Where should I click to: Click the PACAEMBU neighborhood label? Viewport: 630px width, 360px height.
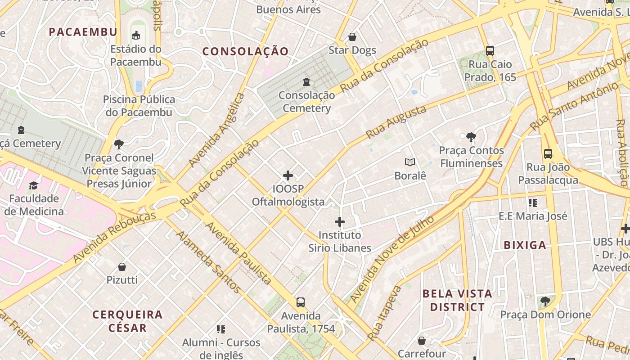click(83, 32)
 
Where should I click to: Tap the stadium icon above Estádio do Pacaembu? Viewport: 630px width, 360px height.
click(135, 35)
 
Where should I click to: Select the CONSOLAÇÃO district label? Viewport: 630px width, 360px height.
click(245, 51)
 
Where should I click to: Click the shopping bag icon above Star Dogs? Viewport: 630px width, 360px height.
click(352, 36)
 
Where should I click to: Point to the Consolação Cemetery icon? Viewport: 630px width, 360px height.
click(306, 81)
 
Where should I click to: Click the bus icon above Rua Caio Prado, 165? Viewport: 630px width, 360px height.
click(490, 51)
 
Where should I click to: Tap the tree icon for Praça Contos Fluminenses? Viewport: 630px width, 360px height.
click(471, 137)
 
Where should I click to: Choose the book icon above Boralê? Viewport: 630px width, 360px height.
click(409, 162)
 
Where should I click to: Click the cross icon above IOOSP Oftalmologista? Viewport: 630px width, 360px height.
click(288, 175)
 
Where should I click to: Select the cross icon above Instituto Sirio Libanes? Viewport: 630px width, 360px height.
click(340, 221)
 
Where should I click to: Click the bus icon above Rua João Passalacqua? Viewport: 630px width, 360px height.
click(548, 154)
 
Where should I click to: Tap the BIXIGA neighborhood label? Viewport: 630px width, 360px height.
click(525, 245)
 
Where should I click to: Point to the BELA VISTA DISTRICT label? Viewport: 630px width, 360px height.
click(457, 300)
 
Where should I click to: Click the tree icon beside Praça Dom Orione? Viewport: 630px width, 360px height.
click(545, 301)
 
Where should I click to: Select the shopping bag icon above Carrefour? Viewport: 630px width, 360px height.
click(422, 341)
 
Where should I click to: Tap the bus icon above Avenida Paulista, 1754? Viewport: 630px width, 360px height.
click(301, 302)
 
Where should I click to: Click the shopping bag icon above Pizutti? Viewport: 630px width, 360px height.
click(121, 266)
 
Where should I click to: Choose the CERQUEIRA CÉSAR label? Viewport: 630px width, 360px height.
click(127, 320)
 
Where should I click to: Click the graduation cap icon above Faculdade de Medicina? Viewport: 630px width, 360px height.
click(33, 185)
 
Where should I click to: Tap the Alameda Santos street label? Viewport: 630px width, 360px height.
click(207, 261)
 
